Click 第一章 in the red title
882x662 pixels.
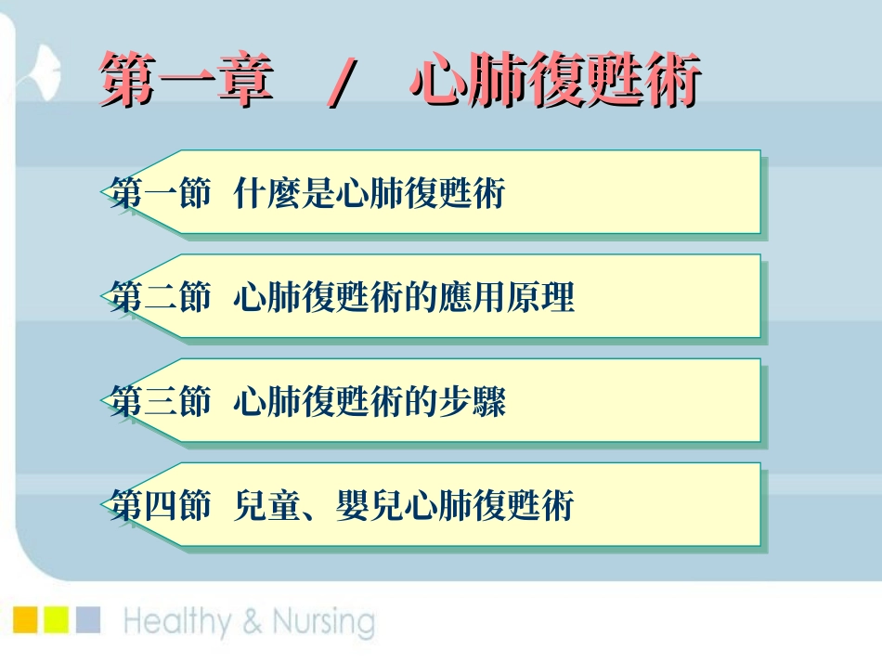tap(186, 82)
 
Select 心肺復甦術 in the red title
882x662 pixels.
tap(554, 82)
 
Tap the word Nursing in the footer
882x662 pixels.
tap(321, 622)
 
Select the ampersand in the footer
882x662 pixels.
tap(251, 623)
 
